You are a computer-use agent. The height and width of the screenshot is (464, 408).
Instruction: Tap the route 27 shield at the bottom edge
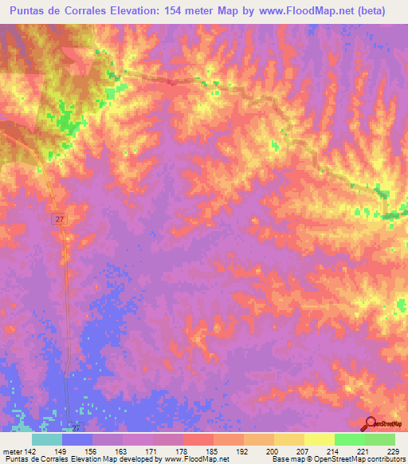(74, 427)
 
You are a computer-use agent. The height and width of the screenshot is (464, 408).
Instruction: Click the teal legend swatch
(47, 439)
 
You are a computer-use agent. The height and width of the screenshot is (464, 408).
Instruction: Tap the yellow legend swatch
(319, 439)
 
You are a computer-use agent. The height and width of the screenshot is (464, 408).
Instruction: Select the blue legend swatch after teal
(77, 439)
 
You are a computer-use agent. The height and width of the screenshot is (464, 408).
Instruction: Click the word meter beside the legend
(11, 450)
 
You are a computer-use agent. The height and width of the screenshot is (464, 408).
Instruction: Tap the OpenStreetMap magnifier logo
(370, 423)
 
